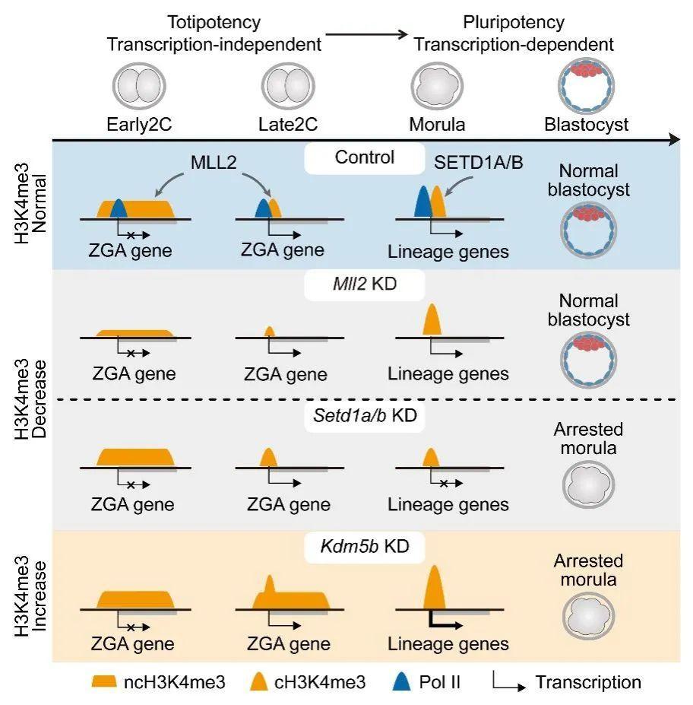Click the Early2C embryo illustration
(x=139, y=86)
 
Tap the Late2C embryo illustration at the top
(x=288, y=86)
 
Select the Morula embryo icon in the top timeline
(x=437, y=86)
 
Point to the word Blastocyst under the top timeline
(x=586, y=125)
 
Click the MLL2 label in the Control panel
(x=214, y=162)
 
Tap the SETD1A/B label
(x=478, y=162)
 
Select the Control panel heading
(x=364, y=158)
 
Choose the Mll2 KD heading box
(x=364, y=284)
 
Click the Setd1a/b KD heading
(x=364, y=416)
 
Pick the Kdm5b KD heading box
(x=364, y=547)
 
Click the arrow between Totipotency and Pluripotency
(x=366, y=34)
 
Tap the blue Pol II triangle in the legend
(x=401, y=681)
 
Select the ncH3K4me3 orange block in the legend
(x=104, y=681)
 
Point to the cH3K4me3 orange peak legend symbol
(x=258, y=681)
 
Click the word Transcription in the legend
(x=588, y=682)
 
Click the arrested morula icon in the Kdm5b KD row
(x=588, y=616)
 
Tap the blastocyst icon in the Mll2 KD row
(x=588, y=360)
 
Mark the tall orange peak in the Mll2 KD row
(x=432, y=319)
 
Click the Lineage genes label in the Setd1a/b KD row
(x=448, y=505)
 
